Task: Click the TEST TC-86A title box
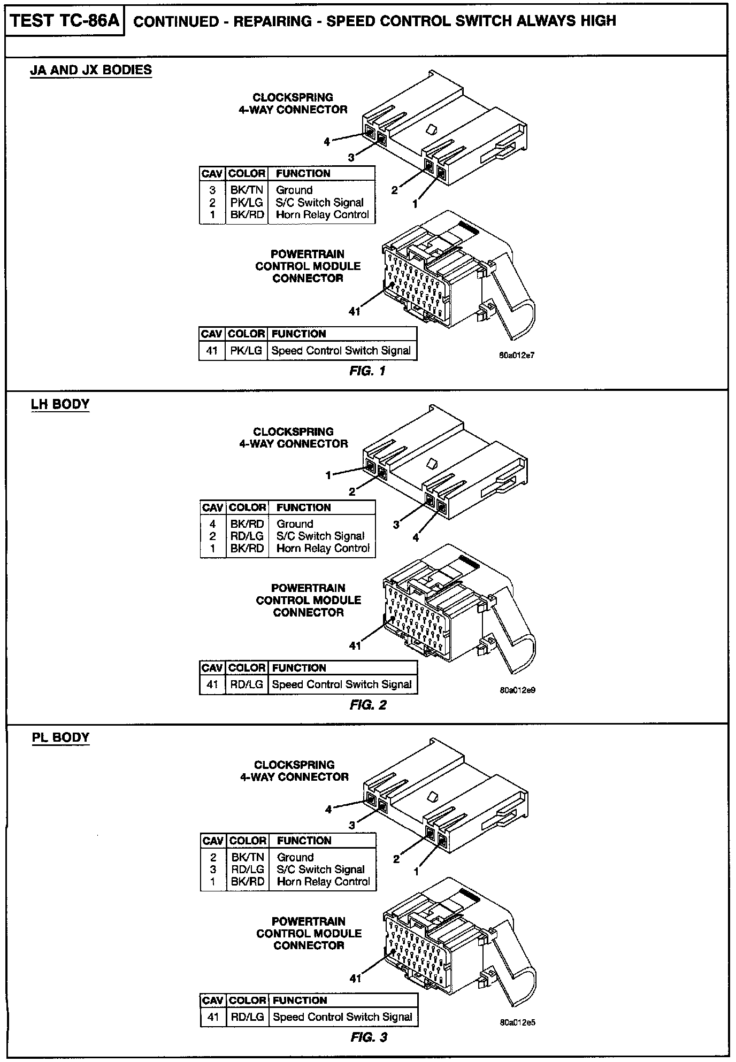(x=64, y=21)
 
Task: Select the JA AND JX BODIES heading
(x=91, y=70)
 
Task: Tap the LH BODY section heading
(x=60, y=404)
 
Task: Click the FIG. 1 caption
(x=367, y=371)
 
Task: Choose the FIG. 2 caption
(x=368, y=705)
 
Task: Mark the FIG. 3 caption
(x=369, y=1037)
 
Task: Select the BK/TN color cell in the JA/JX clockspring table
(x=247, y=190)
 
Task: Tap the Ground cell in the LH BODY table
(x=295, y=524)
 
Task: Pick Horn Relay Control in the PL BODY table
(x=323, y=882)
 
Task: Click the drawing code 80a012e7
(x=517, y=355)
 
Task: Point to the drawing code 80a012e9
(x=517, y=690)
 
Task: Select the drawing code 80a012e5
(x=517, y=1022)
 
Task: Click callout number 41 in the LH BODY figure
(x=355, y=646)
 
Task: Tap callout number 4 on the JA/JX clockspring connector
(x=327, y=142)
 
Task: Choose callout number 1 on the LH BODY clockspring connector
(x=329, y=475)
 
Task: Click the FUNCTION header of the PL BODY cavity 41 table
(x=300, y=1000)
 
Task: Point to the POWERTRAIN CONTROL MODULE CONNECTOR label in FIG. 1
(x=308, y=266)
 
